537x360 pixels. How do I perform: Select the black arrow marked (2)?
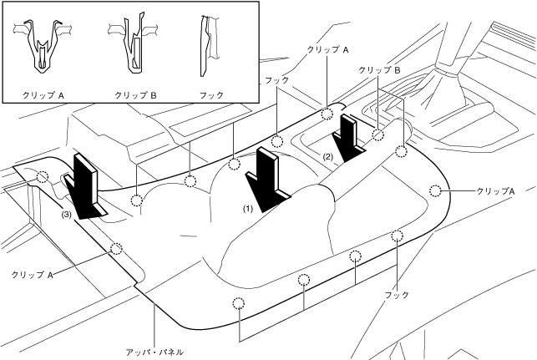pos(348,135)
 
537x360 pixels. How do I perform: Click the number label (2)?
pos(328,156)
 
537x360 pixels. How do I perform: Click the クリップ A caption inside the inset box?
pos(43,95)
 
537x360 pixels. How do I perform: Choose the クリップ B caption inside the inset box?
pos(135,95)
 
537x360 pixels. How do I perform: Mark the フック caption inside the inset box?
pos(213,95)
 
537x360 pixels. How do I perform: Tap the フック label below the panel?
pos(398,295)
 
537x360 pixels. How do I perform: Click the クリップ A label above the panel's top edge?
pos(327,50)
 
